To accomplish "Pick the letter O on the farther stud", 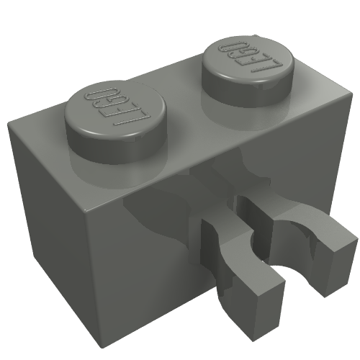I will (232, 45).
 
